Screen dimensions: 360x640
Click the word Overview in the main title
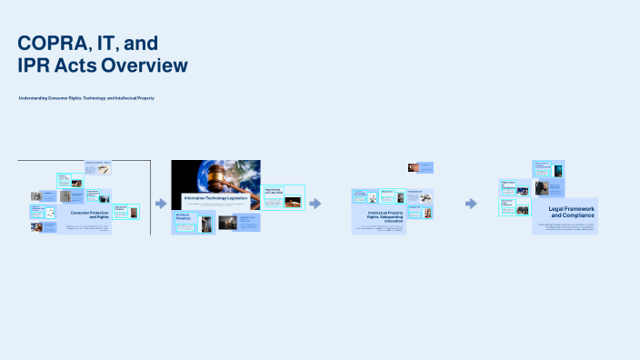tap(145, 65)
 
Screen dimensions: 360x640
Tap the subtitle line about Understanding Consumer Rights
tap(86, 98)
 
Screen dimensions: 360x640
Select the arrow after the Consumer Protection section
tap(161, 204)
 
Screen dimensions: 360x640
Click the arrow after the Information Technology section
tap(315, 204)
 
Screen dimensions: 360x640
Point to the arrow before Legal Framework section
tap(471, 204)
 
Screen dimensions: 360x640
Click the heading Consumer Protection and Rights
tap(90, 215)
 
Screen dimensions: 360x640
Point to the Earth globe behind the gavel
tap(237, 172)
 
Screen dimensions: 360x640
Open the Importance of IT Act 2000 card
tap(274, 192)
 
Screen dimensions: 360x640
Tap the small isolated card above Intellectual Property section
tap(420, 167)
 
